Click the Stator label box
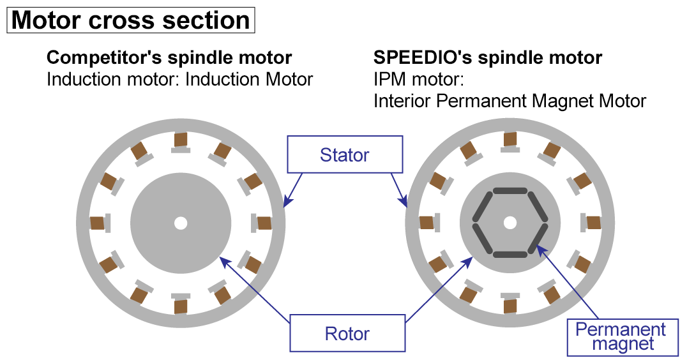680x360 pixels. coord(345,154)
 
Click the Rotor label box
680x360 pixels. coord(347,333)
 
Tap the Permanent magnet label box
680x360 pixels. coord(621,337)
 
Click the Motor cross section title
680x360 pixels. coord(131,20)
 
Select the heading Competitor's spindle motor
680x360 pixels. coord(169,58)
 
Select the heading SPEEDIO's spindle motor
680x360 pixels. coord(487,58)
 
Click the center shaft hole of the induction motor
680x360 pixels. coord(181,223)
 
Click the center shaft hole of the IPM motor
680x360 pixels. coord(510,223)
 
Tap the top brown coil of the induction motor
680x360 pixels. coord(181,139)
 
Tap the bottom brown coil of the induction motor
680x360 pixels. coord(181,306)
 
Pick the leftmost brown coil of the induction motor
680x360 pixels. coord(97,223)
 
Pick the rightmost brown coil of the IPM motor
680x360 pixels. coord(593,223)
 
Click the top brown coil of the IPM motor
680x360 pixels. coord(510,139)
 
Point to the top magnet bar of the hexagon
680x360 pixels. coord(510,190)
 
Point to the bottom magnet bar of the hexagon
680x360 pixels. coord(510,255)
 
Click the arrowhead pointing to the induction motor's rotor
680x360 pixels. coord(222,259)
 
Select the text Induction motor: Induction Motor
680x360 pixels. coord(179,79)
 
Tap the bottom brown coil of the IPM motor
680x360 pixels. coord(510,306)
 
